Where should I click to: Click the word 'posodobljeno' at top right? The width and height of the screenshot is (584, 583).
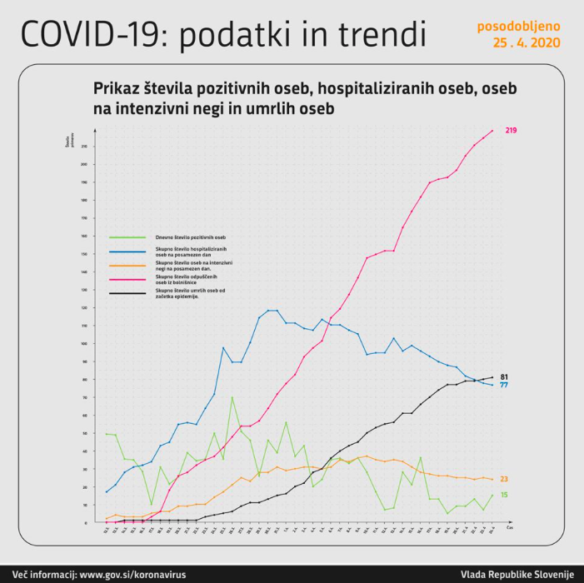pyautogui.click(x=519, y=26)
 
